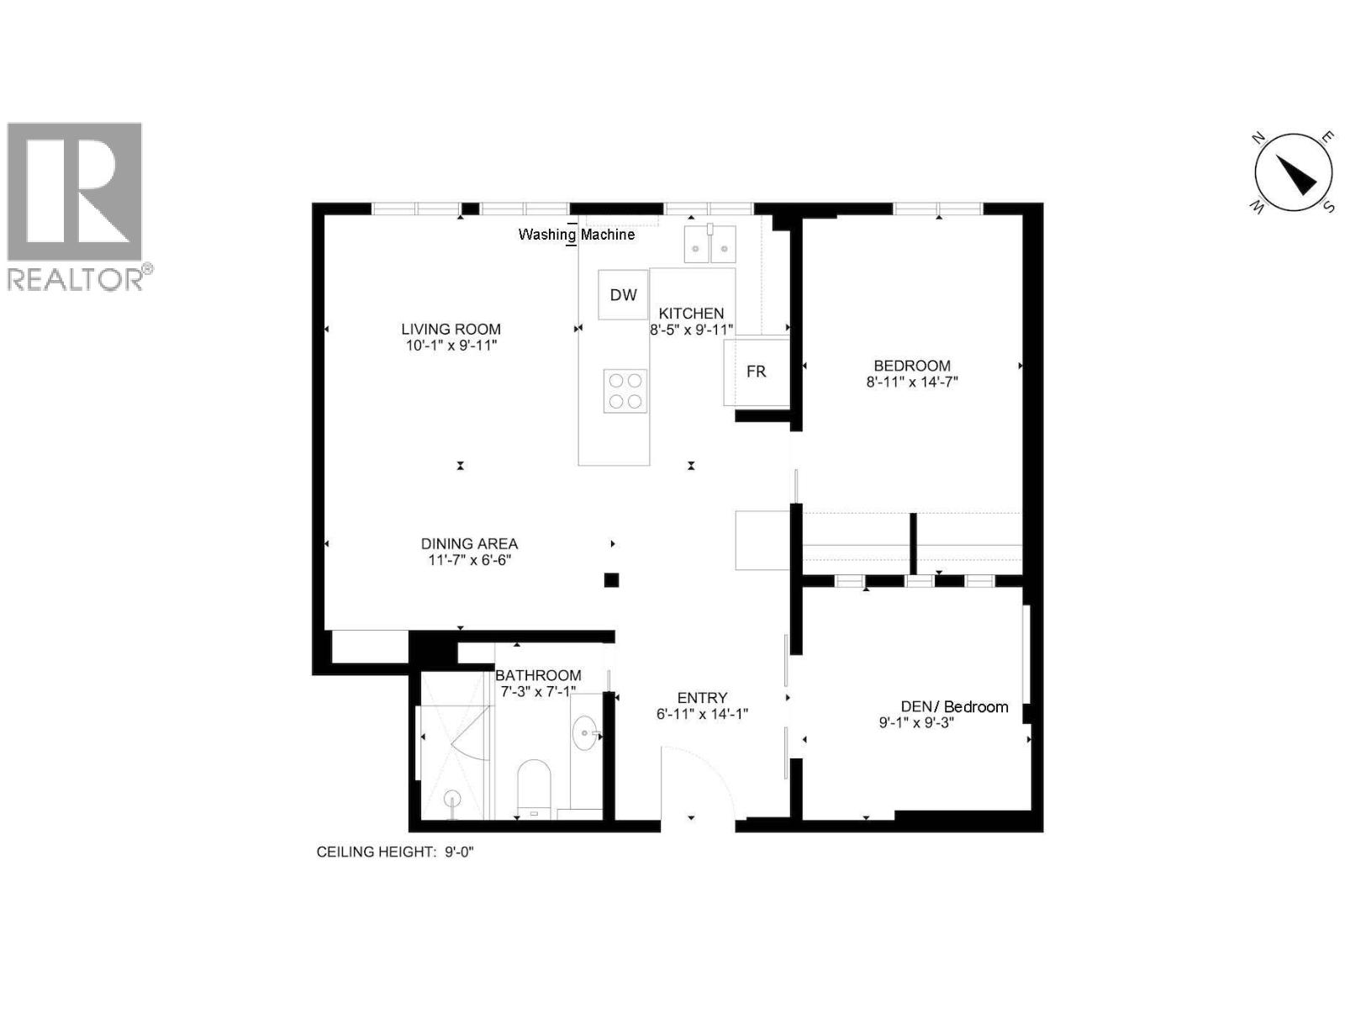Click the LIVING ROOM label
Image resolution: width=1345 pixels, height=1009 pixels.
point(451,330)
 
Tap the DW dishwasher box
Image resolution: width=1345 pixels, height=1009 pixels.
point(623,295)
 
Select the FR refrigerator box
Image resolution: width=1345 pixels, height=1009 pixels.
point(756,372)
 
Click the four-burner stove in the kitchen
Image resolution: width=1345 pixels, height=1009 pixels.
point(625,392)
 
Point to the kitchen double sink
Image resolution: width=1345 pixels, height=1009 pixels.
point(710,244)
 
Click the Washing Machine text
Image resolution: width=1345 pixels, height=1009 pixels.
point(576,235)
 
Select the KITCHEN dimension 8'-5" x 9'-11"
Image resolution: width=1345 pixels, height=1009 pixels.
point(692,330)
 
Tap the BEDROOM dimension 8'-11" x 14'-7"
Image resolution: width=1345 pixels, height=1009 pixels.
point(912,382)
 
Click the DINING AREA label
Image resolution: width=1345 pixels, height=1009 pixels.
point(469,544)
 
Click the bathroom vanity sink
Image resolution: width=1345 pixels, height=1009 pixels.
point(586,735)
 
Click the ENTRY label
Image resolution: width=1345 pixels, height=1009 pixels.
point(702,698)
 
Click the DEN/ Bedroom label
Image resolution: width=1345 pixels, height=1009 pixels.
point(954,707)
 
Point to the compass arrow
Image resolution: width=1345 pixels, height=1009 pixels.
point(1295,175)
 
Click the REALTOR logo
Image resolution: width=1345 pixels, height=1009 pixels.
point(76,206)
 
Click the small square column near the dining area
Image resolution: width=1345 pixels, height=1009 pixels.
point(611,579)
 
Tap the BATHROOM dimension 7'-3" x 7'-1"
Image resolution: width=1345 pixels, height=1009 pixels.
point(538,692)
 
